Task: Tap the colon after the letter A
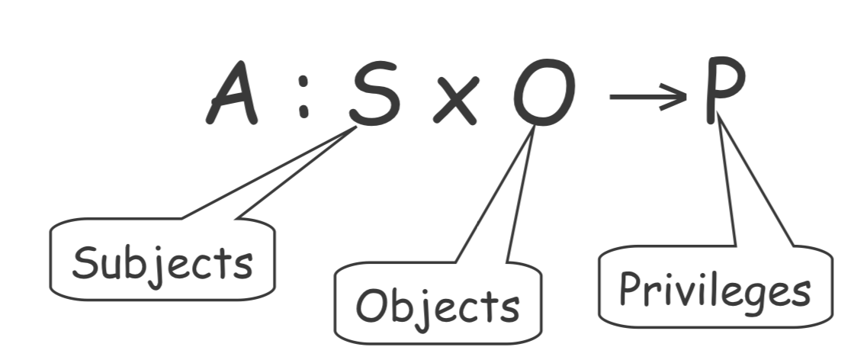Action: [303, 99]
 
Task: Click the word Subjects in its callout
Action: [162, 262]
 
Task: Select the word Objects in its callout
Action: [438, 307]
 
